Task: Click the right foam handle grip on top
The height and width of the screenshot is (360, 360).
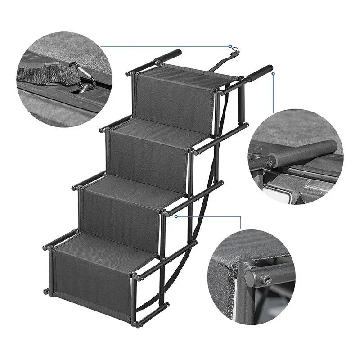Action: click(260, 72)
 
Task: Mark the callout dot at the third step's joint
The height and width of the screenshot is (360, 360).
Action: click(176, 216)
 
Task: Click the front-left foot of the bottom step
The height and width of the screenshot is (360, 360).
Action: click(47, 291)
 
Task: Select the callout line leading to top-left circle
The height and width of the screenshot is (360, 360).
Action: click(166, 45)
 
